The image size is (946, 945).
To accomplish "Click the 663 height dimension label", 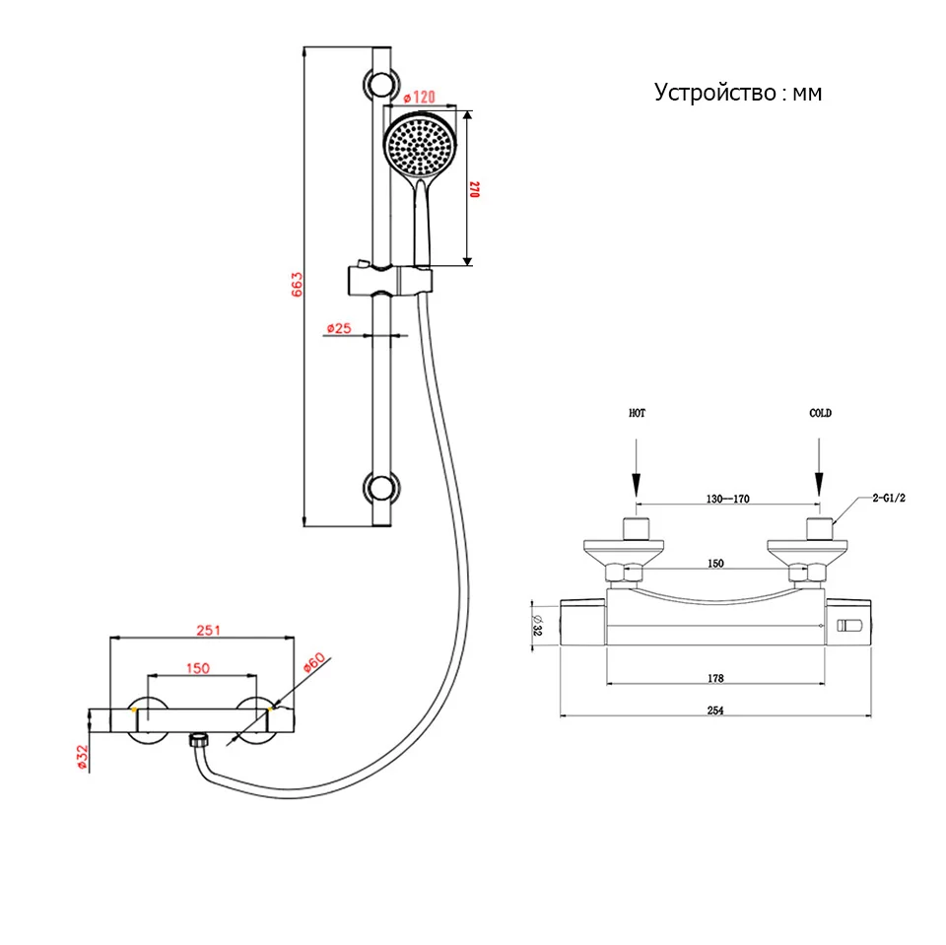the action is [297, 284].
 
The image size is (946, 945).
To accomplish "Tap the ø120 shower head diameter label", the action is [420, 98].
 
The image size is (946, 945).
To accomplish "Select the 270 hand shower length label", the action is [474, 189].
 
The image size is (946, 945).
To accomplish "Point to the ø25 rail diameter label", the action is [338, 328].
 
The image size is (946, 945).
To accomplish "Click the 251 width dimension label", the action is [208, 630].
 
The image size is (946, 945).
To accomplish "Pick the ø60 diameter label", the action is [313, 662].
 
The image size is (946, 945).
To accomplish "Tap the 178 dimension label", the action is [715, 678].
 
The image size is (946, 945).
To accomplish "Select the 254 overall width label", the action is [715, 710].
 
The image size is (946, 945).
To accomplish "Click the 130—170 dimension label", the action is [727, 499].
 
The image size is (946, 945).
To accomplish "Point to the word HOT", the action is [638, 413].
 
